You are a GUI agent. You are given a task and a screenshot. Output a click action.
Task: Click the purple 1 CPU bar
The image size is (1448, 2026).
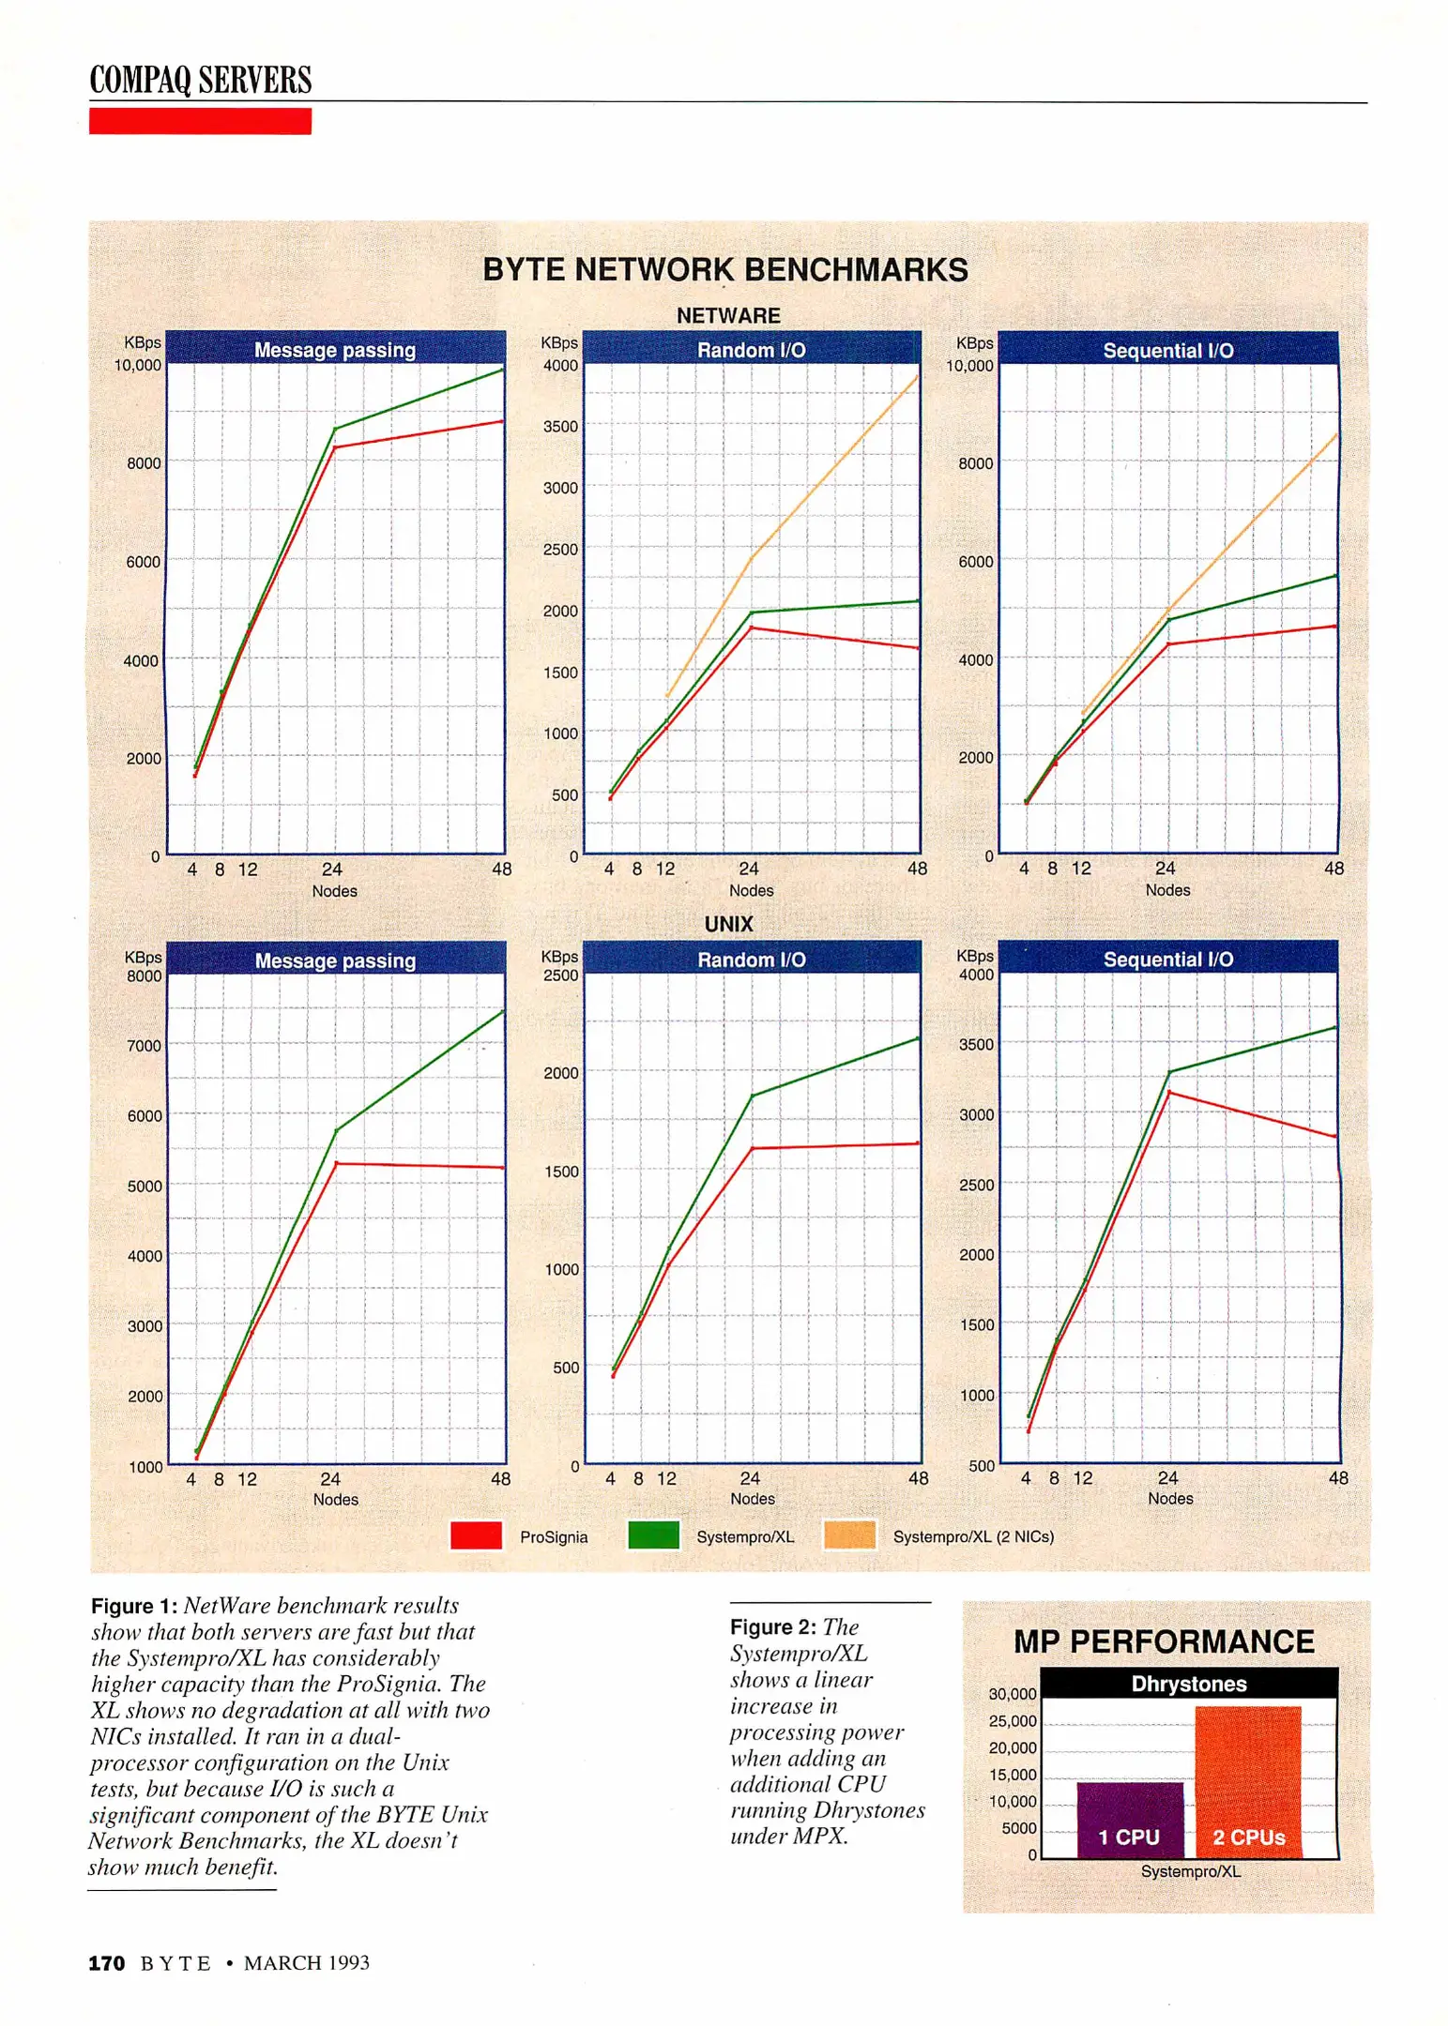click(x=1129, y=1819)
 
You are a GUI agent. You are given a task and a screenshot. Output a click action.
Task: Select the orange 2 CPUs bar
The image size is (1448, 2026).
click(x=1247, y=1781)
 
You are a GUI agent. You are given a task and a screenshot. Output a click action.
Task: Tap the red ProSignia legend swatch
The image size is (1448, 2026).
click(x=476, y=1535)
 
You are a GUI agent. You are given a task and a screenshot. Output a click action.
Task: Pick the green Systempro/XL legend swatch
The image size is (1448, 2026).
click(x=653, y=1535)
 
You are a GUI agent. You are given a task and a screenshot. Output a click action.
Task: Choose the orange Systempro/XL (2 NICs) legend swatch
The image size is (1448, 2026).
click(x=849, y=1535)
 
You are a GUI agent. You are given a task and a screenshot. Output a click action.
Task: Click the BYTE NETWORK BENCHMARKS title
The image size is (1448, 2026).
click(x=724, y=270)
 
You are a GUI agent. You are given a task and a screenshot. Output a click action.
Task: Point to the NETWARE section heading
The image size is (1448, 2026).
click(x=728, y=316)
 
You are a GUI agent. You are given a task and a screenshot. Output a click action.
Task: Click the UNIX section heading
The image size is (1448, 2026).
click(x=728, y=924)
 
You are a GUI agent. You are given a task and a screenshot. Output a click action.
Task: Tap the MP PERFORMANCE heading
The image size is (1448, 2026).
click(x=1164, y=1641)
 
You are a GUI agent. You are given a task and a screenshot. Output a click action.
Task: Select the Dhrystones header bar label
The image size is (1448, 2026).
click(x=1188, y=1684)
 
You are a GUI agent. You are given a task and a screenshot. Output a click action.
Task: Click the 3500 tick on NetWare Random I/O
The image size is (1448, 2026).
click(x=560, y=427)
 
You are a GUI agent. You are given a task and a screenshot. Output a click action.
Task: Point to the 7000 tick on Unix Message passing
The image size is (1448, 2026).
click(x=145, y=1046)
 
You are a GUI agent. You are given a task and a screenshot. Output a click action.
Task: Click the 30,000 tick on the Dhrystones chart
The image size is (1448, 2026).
click(x=1012, y=1694)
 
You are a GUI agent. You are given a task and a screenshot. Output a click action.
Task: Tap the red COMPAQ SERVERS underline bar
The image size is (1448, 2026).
click(x=200, y=121)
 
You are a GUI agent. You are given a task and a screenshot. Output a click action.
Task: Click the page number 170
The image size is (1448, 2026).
click(x=106, y=1963)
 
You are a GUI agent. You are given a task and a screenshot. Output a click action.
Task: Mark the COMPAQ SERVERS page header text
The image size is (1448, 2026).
click(x=200, y=80)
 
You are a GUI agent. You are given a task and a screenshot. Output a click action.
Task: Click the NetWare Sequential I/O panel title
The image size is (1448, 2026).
click(x=1167, y=351)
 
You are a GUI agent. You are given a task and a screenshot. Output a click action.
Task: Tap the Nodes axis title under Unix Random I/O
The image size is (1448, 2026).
click(x=752, y=1499)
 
